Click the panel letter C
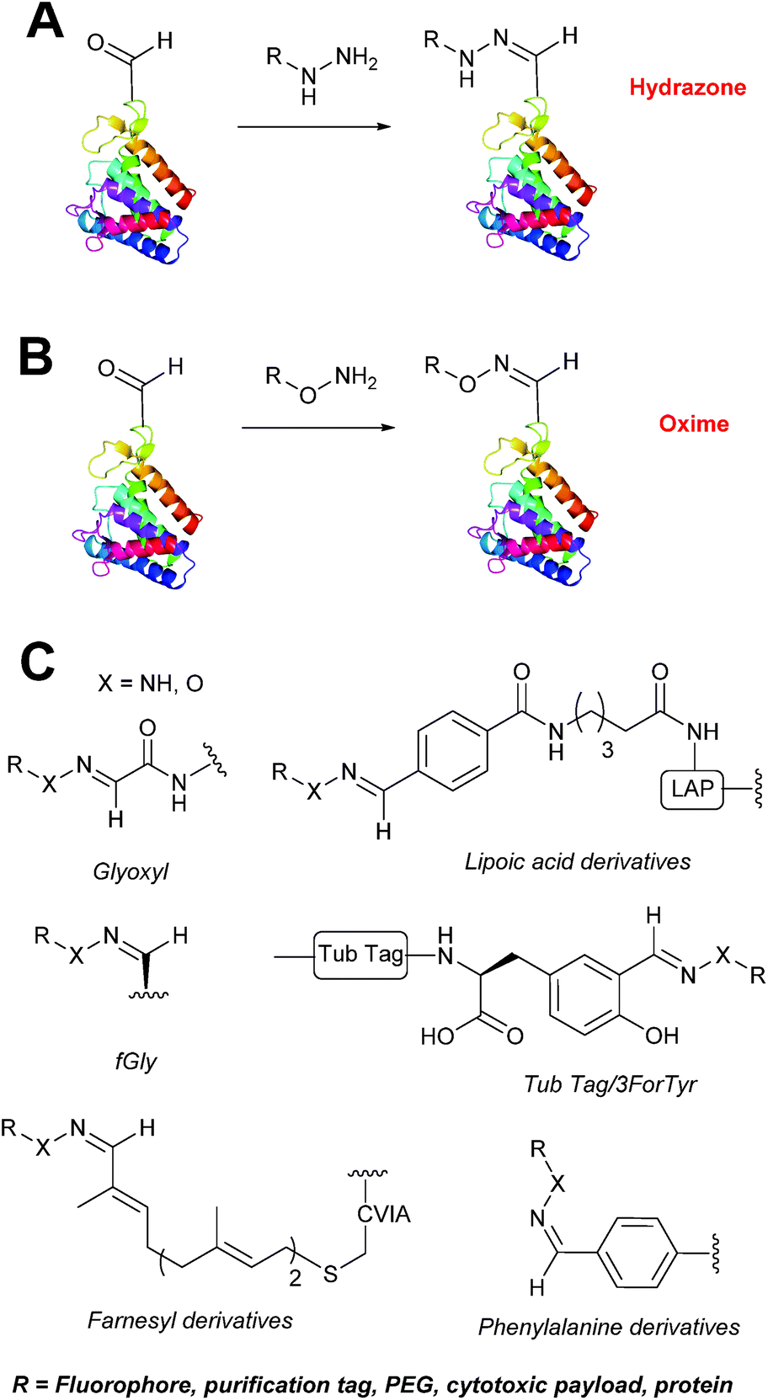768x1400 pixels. [37, 662]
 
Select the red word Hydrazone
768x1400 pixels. [687, 88]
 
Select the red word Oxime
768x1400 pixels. [693, 423]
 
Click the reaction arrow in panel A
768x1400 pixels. [314, 127]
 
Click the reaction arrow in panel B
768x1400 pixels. [318, 428]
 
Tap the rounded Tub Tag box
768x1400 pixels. [361, 954]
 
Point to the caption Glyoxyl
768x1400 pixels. [131, 870]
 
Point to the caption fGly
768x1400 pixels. [136, 1061]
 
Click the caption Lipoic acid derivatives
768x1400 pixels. [577, 861]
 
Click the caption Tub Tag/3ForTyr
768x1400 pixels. [611, 1083]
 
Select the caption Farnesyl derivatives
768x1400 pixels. [189, 1319]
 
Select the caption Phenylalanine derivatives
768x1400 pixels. [608, 1327]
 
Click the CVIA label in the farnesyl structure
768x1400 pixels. [384, 1214]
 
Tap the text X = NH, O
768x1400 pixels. [150, 683]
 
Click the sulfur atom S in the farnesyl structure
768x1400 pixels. [330, 1275]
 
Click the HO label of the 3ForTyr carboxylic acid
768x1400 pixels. [437, 1036]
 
